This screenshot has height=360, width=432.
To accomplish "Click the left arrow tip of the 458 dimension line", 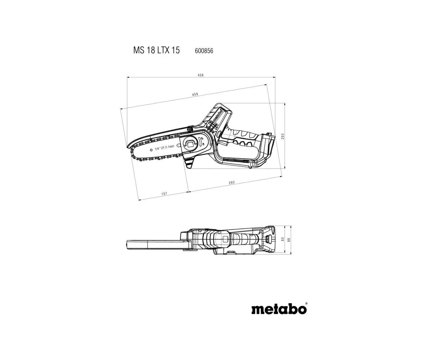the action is tap(127, 77).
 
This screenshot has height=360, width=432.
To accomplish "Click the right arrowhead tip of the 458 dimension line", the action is tap(275, 77).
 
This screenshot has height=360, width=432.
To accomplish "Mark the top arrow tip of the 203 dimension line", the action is tap(285, 103).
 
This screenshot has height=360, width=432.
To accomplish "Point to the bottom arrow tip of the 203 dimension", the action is tap(285, 169).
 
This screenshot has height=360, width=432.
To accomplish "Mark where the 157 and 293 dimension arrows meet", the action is tap(189, 192).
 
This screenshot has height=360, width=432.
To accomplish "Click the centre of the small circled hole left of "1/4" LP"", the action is tap(151, 150).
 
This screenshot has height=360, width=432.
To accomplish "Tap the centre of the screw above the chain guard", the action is tap(190, 129).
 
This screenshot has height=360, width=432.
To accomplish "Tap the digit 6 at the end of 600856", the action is tap(212, 51).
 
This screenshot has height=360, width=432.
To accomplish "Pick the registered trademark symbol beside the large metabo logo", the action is tap(306, 303).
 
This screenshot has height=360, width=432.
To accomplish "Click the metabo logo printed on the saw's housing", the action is tap(218, 116).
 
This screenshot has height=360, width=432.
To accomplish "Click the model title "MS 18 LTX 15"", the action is tap(156, 50).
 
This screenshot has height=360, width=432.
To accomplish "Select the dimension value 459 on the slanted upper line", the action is tap(195, 94).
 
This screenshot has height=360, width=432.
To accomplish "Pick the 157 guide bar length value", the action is tap(164, 194).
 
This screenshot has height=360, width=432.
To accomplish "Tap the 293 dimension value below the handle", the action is tap(232, 182).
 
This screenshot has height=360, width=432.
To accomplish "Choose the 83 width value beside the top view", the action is tap(283, 239).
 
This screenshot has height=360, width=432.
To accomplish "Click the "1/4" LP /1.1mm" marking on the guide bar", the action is tap(165, 148).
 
